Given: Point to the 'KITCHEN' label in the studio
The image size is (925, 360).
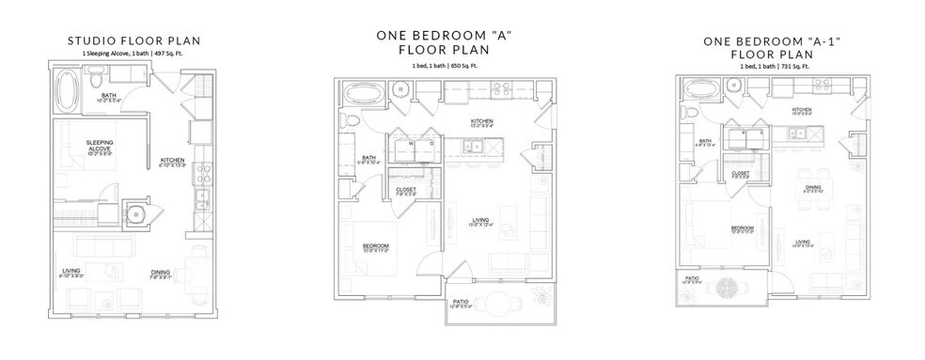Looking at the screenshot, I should point(172,160).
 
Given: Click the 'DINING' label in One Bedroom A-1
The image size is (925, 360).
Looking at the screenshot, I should point(814,187).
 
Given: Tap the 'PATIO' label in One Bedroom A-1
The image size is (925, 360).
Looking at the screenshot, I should point(691,277).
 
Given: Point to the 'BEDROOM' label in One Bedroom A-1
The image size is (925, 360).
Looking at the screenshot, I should point(743,227).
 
